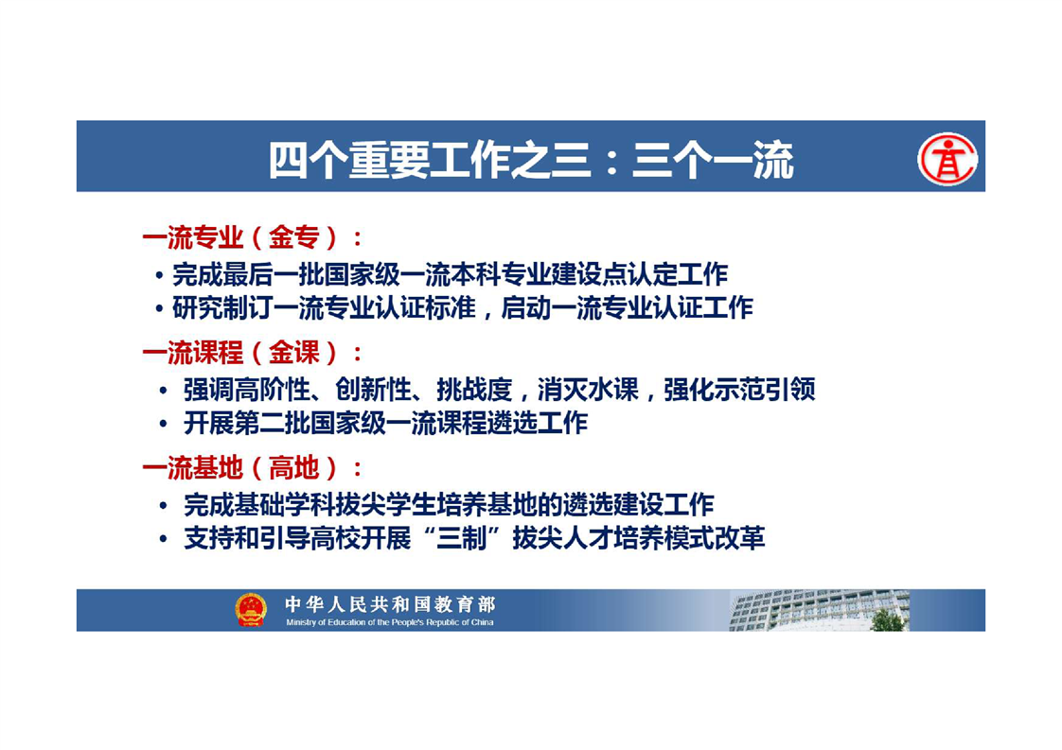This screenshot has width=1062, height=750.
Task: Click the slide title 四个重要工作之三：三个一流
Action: point(531,160)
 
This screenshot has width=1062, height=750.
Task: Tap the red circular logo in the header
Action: point(947,159)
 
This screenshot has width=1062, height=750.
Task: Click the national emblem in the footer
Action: point(251,609)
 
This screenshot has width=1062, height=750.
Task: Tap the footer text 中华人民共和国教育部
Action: point(390,603)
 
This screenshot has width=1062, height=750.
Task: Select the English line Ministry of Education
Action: point(389,622)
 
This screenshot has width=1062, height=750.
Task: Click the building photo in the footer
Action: point(819,611)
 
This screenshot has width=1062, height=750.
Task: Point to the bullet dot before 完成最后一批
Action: point(159,275)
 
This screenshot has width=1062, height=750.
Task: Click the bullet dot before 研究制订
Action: point(159,309)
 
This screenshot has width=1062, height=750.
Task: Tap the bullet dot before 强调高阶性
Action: point(163,391)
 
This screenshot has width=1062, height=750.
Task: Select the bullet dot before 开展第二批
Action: point(163,425)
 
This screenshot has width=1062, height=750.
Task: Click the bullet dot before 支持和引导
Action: point(163,539)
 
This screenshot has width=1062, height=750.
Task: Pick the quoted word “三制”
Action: point(461,538)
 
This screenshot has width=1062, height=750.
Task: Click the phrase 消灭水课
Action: point(588,390)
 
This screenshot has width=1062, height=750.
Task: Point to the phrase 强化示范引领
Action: point(739,390)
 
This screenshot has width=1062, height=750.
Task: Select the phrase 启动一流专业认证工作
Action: point(627,308)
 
